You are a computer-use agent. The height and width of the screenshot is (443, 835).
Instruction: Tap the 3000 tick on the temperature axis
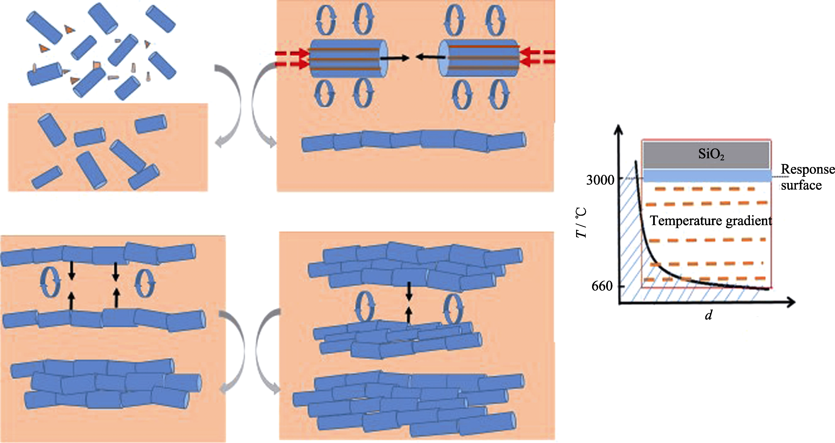[x=600, y=180]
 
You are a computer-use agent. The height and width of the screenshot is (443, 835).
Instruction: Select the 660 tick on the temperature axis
[x=602, y=286]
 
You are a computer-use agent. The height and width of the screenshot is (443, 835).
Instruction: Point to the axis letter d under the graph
[x=709, y=315]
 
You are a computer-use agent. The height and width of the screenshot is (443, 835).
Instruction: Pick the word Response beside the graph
[x=807, y=169]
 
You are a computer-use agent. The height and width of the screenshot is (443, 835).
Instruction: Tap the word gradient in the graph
[x=749, y=221]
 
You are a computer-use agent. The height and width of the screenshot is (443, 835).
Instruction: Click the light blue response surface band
[x=707, y=175]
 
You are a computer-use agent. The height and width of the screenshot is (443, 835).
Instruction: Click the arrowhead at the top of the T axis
[x=619, y=130]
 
